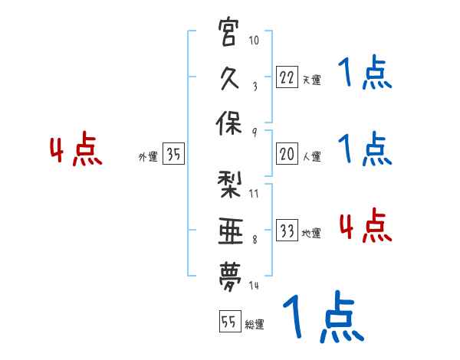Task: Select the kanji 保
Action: coord(230,124)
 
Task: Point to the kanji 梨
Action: coord(230,185)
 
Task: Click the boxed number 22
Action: coord(286,77)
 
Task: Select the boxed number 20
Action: coord(286,154)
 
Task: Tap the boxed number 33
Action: coord(286,231)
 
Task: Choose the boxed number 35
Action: coord(173,154)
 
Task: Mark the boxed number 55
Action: coord(228,322)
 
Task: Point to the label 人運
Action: coord(310,157)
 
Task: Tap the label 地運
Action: coord(310,234)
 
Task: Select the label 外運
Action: coord(147,157)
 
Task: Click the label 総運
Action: coord(254,325)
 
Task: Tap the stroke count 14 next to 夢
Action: coord(254,286)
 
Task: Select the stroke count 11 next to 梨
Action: coord(254,192)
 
